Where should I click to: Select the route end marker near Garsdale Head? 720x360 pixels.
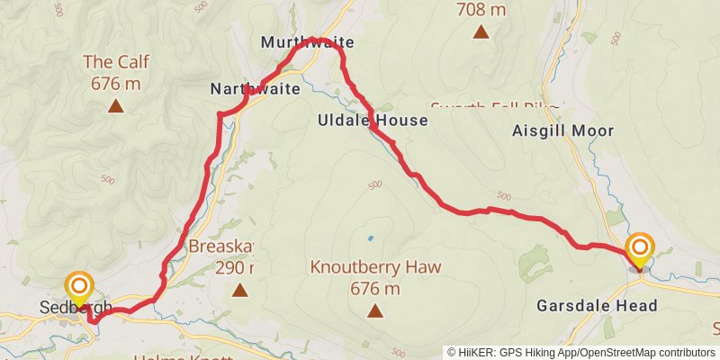pos(640,249)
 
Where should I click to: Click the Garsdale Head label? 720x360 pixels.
pos(597,306)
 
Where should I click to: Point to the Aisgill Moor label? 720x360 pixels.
pos(575,130)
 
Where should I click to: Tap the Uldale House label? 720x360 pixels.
pos(360,120)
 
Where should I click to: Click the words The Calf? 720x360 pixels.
pos(115,62)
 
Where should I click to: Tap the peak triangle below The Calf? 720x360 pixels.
pos(115,106)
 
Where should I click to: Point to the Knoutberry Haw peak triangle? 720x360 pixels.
pos(374,311)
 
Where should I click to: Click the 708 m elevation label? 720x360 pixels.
pos(481,11)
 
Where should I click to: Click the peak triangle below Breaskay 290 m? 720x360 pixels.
pos(239,289)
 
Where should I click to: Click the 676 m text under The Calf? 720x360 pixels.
pos(115,84)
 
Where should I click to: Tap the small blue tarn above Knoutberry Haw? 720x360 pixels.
pos(369,238)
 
